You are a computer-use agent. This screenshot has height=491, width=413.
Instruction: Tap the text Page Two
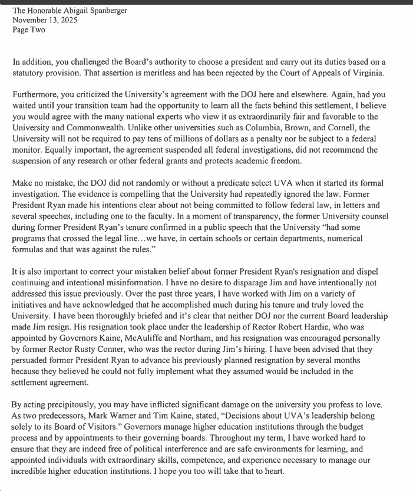[29, 29]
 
